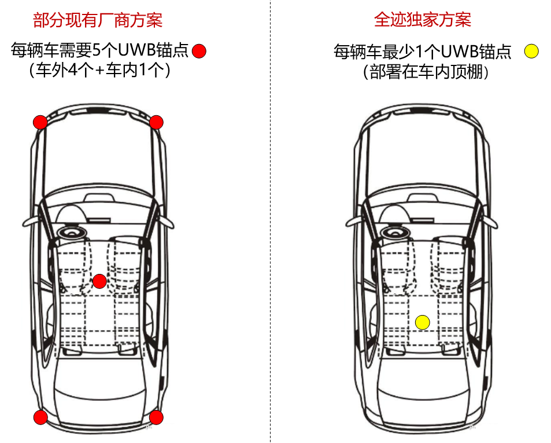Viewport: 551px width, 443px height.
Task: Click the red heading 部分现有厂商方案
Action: tap(98, 20)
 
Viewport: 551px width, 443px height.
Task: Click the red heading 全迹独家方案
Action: tap(423, 20)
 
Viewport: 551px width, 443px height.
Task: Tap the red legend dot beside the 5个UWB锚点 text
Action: tap(199, 51)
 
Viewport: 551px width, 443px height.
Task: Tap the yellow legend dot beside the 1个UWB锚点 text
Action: tap(531, 51)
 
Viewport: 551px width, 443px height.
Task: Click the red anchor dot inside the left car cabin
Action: tap(99, 281)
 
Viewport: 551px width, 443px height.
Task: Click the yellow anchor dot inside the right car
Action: tap(423, 322)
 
